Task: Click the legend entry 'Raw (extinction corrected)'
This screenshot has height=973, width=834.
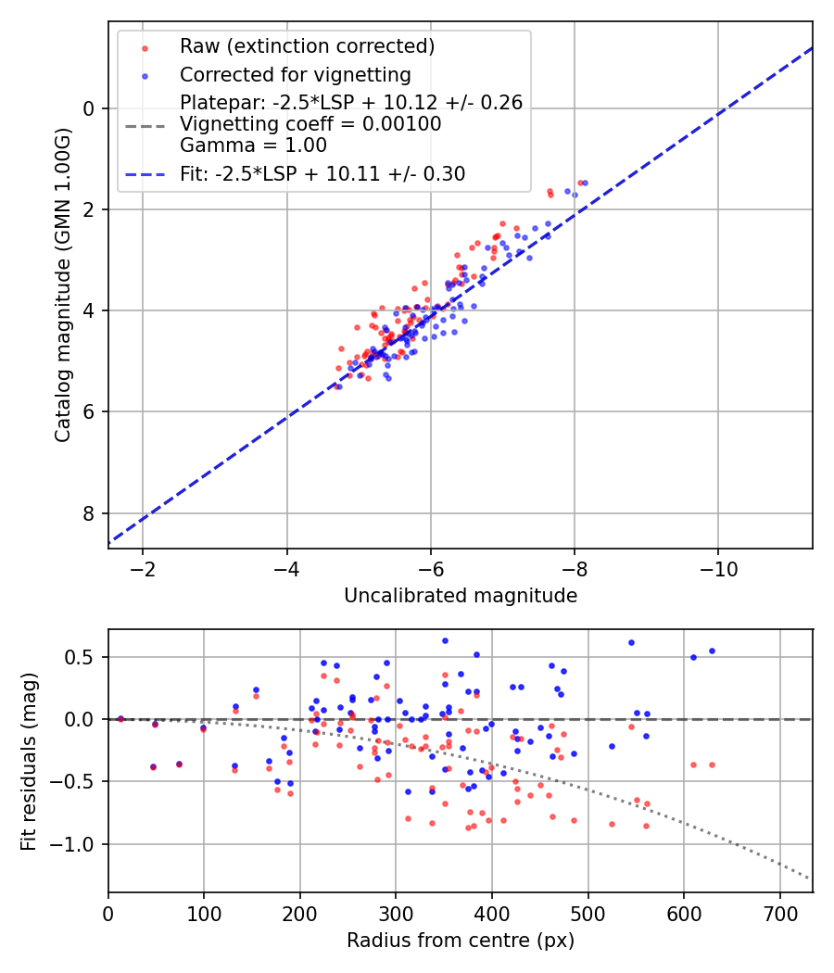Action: point(307,46)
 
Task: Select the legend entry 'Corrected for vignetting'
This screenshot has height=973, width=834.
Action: point(295,74)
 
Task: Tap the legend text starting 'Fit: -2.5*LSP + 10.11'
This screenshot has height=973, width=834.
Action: point(322,173)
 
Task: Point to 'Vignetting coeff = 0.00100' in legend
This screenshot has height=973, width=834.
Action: point(310,124)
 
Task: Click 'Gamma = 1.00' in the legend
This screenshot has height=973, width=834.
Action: point(253,145)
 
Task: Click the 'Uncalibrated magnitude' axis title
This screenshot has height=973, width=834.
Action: point(461,596)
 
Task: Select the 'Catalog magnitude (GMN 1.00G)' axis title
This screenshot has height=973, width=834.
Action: point(62,284)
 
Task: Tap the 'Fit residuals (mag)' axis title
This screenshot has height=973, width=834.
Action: point(29,761)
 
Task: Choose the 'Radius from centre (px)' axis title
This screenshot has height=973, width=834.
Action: point(461,941)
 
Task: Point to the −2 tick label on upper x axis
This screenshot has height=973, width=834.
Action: point(143,568)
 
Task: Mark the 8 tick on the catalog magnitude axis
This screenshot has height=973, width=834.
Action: point(89,513)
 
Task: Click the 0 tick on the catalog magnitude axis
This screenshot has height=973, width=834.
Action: point(89,108)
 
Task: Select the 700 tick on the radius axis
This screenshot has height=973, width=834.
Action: point(779,914)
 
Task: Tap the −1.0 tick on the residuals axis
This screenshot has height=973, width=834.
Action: point(80,844)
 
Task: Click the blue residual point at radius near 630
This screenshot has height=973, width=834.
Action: point(712,651)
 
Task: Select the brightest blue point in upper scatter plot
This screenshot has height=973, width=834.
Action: point(585,183)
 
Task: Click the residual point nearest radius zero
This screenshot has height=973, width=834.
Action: point(120,718)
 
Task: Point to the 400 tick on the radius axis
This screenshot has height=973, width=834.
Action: point(492,914)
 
